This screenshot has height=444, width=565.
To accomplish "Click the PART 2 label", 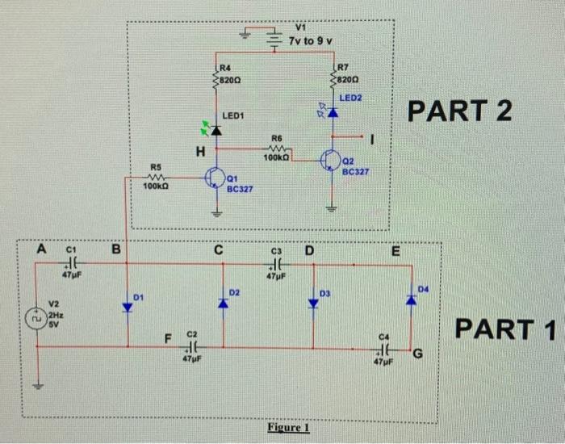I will (x=461, y=111).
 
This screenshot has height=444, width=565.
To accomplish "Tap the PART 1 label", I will (x=505, y=329).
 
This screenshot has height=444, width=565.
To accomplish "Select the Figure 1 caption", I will (x=287, y=427).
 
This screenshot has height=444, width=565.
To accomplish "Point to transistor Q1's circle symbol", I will (x=216, y=177).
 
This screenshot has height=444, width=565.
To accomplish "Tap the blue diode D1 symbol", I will (x=127, y=307).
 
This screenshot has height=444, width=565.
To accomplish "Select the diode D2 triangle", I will (x=222, y=303).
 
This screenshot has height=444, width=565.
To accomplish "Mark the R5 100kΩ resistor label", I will (x=155, y=186).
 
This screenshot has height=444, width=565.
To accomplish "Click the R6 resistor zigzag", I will (x=278, y=148).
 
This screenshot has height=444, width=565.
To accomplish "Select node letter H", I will (x=199, y=151).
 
